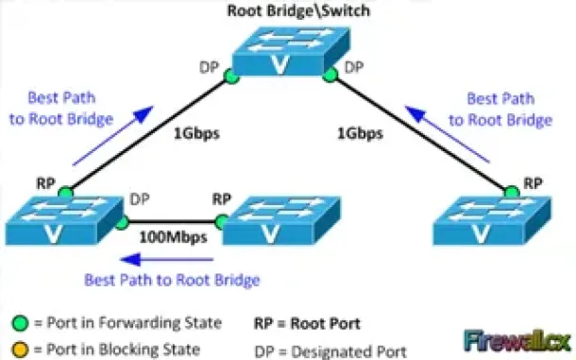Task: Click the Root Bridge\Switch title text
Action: pos(298,10)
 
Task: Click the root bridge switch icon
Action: pos(291,51)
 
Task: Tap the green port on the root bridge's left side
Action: pos(231,77)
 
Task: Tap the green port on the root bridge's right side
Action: pos(330,75)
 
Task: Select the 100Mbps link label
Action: pos(173,237)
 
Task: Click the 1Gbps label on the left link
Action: pos(196,133)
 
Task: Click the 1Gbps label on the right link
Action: pos(360,133)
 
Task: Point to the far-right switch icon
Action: pos(492,221)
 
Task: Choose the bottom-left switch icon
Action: pos(64,221)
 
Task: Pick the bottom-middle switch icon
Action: pos(281,221)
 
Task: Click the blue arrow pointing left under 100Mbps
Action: pos(167,260)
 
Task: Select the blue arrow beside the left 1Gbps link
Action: pos(112,136)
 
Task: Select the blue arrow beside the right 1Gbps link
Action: pos(447,134)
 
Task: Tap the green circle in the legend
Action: pos(20,323)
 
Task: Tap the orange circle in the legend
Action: pos(20,350)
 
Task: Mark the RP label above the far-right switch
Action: pos(533,183)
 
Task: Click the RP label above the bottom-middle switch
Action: pos(222,199)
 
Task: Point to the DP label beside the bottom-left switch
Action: pos(140,199)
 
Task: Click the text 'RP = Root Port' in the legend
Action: pos(307,323)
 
